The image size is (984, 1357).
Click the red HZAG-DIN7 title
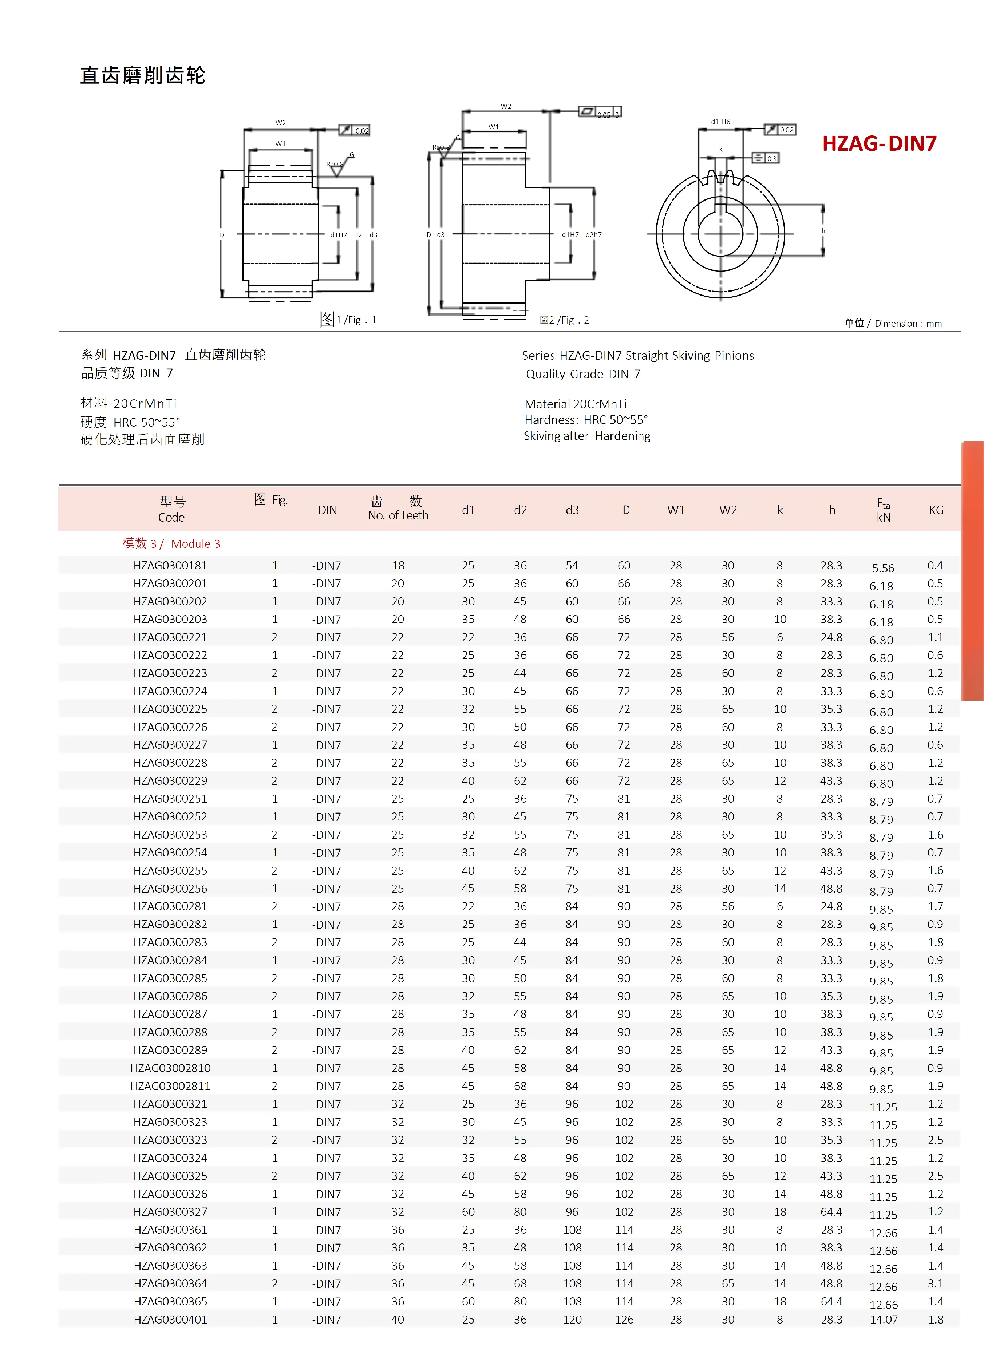(879, 143)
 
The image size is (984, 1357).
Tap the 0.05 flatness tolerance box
(600, 112)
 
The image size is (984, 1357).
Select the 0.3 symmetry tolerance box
(766, 158)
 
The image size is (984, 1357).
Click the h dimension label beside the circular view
(823, 231)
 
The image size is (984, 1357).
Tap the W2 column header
(728, 510)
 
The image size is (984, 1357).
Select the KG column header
(936, 510)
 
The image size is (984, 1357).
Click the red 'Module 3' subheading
(171, 543)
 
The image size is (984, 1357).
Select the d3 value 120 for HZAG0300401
(572, 1319)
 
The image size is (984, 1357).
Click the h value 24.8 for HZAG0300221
(831, 637)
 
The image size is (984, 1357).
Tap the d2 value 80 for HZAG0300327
(520, 1212)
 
